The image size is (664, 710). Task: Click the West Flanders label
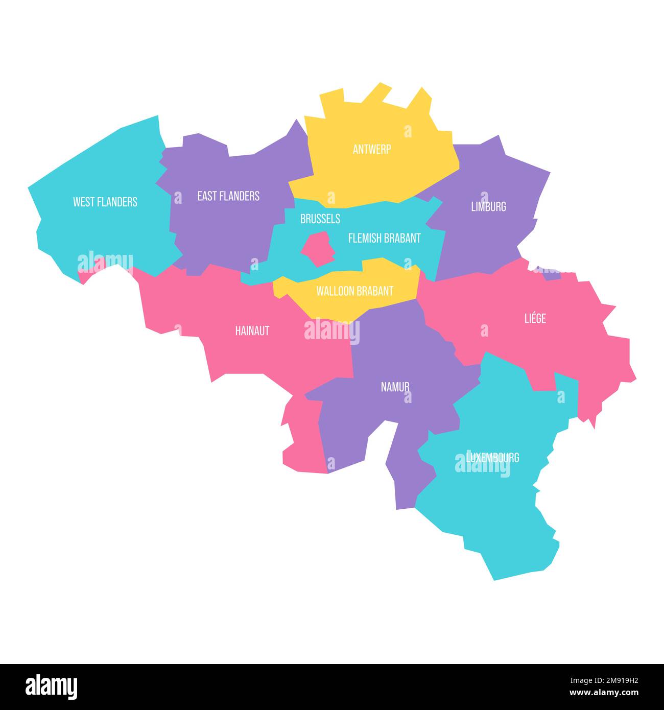pyautogui.click(x=105, y=202)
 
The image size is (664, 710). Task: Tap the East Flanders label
pyautogui.click(x=228, y=196)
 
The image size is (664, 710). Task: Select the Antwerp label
pyautogui.click(x=372, y=149)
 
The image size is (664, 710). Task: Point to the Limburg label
pyautogui.click(x=488, y=206)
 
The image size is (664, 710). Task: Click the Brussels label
pyautogui.click(x=320, y=219)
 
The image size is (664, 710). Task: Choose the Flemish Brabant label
pyautogui.click(x=384, y=238)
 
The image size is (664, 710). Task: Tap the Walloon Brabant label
pyautogui.click(x=354, y=291)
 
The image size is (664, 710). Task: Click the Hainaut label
pyautogui.click(x=252, y=330)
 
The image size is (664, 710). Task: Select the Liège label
pyautogui.click(x=535, y=319)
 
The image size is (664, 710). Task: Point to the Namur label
pyautogui.click(x=395, y=387)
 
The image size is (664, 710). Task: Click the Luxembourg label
pyautogui.click(x=492, y=457)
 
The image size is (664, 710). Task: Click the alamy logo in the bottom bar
pyautogui.click(x=52, y=687)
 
